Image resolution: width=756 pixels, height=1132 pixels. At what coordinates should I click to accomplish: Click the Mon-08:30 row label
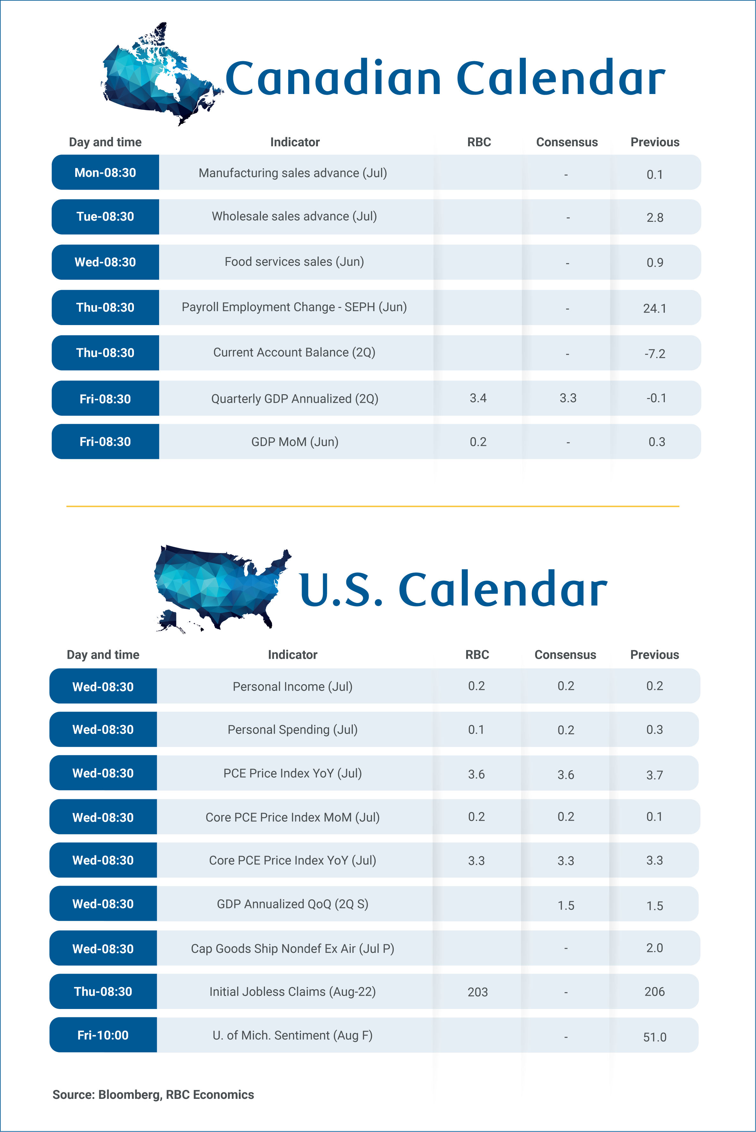[x=105, y=172]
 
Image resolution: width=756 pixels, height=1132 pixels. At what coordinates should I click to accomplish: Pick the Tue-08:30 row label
[x=105, y=216]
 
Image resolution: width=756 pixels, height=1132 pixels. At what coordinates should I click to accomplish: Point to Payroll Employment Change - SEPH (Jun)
[x=294, y=307]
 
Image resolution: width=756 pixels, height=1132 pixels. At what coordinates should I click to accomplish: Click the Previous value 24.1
[x=655, y=308]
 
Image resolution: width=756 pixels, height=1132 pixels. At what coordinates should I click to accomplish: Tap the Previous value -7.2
[x=655, y=354]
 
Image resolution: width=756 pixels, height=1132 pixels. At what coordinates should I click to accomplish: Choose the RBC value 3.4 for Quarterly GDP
[x=478, y=398]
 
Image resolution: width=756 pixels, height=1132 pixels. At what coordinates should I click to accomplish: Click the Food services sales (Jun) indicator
[x=294, y=262]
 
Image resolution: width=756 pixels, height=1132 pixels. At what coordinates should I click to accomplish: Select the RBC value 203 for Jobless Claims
[x=478, y=992]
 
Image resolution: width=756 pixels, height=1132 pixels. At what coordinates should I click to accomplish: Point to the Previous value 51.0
[x=655, y=1037]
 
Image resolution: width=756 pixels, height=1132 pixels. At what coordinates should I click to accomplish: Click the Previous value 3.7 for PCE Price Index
[x=655, y=775]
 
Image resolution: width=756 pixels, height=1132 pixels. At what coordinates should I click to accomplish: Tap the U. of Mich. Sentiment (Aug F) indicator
[x=293, y=1035]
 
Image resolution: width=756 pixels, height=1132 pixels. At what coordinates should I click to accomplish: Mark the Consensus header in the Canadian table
[x=567, y=142]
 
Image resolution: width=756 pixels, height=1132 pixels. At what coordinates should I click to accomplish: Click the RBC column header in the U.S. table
[x=477, y=654]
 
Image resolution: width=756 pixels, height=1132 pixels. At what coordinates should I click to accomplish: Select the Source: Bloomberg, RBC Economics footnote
[x=153, y=1094]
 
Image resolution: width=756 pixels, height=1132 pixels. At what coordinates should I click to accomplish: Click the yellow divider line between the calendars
[x=373, y=506]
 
